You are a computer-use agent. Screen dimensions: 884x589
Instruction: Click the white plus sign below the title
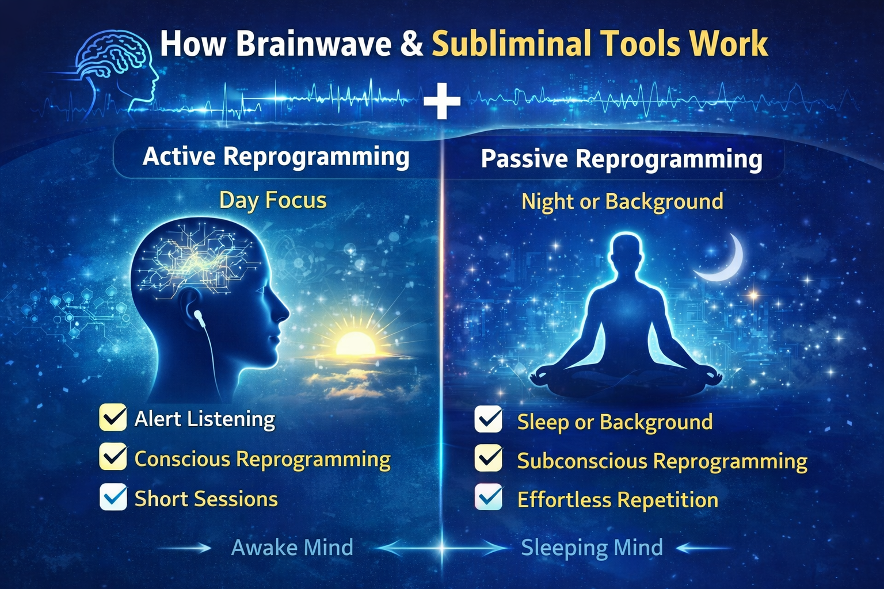coord(441,101)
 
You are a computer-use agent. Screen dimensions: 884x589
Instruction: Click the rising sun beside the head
coord(355,343)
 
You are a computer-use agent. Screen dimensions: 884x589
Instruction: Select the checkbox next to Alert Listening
coord(113,417)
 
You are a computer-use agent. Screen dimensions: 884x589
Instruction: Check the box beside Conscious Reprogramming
coord(113,457)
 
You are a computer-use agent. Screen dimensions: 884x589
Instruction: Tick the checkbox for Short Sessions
coord(113,497)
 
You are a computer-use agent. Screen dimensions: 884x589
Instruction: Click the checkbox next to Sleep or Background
coord(489,420)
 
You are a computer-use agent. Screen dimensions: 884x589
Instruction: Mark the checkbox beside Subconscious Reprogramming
coord(489,458)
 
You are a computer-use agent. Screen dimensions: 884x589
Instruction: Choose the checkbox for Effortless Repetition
coord(489,497)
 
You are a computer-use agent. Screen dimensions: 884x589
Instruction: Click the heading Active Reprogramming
coord(276,157)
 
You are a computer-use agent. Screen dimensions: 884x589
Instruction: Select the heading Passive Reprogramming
coord(622,159)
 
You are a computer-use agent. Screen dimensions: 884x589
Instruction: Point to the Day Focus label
coord(273,200)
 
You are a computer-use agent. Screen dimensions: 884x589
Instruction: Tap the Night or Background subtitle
coord(622,201)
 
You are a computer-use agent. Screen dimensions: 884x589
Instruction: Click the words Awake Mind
coord(292,548)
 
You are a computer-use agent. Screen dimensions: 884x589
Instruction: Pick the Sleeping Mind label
coord(592,548)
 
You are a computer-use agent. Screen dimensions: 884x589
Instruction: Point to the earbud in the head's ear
coord(200,318)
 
